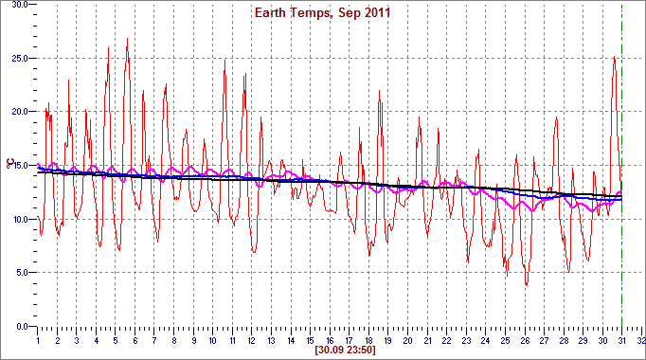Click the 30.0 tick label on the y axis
pyautogui.click(x=20, y=5)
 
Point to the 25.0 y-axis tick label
pyautogui.click(x=20, y=58)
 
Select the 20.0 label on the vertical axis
pyautogui.click(x=20, y=112)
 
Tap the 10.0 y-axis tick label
pyautogui.click(x=20, y=219)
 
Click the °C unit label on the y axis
pyautogui.click(x=9, y=166)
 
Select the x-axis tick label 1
pyautogui.click(x=37, y=338)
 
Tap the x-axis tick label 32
pyautogui.click(x=640, y=338)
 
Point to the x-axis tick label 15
pyautogui.click(x=310, y=338)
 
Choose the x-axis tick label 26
pyautogui.click(x=524, y=338)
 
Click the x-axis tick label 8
pyautogui.click(x=173, y=338)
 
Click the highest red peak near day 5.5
pyautogui.click(x=127, y=39)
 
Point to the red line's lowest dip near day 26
pyautogui.click(x=527, y=284)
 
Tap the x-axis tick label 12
pyautogui.click(x=251, y=338)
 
